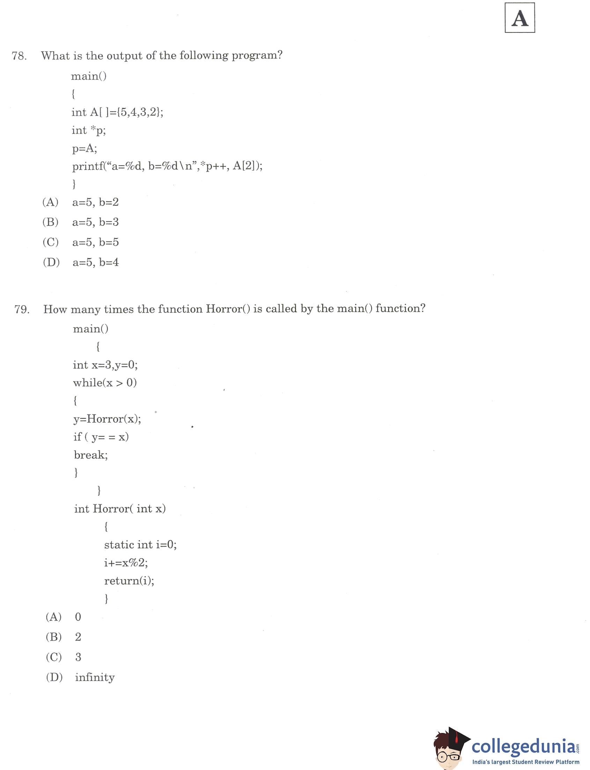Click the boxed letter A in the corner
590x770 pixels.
tap(519, 18)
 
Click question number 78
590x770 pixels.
tap(19, 56)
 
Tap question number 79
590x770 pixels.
tap(22, 309)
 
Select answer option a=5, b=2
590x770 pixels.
tap(95, 202)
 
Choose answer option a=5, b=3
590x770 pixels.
tap(95, 222)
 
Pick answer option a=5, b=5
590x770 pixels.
tap(95, 242)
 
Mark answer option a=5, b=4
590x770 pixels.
tap(95, 262)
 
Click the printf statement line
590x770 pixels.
tap(167, 166)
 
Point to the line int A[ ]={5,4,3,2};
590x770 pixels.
tap(117, 112)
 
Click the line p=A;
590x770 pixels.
tap(84, 148)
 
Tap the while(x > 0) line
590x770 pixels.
tap(105, 382)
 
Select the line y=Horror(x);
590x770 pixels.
tap(107, 419)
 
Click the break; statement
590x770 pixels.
tap(91, 455)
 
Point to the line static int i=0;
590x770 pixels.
tap(140, 544)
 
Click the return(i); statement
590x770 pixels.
tap(129, 581)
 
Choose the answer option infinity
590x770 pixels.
tap(95, 677)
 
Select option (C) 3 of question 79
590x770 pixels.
tap(78, 657)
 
